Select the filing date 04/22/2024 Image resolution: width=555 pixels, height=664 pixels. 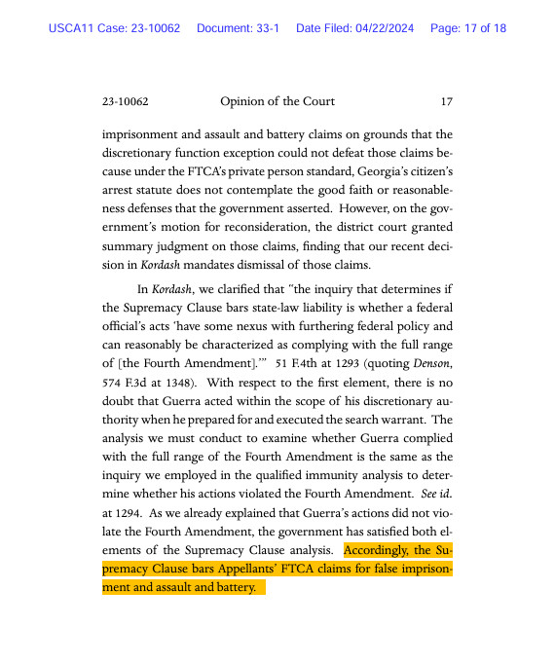tap(381, 28)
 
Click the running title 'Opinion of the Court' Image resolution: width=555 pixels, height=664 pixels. tap(277, 101)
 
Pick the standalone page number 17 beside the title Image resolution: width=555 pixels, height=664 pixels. tap(446, 101)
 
